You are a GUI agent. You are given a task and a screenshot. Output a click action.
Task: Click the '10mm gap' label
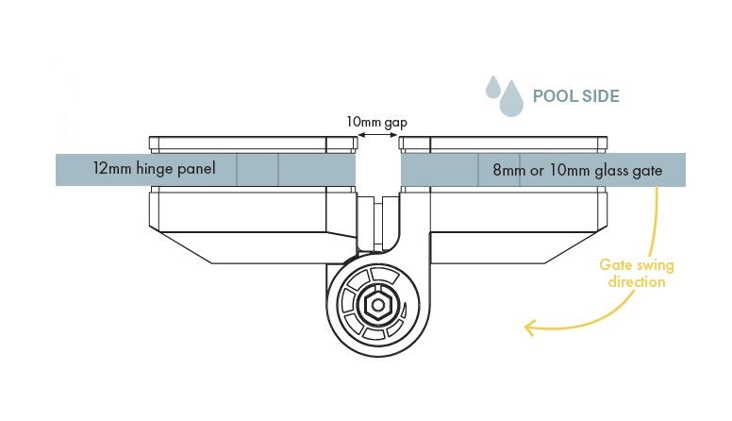click(x=377, y=123)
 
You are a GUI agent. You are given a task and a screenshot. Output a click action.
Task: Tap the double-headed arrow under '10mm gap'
click(x=377, y=138)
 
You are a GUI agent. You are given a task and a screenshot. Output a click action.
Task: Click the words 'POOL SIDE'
click(x=575, y=96)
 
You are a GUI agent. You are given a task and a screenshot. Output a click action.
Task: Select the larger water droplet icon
click(x=512, y=98)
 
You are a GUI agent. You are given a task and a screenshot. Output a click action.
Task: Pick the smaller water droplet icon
click(x=491, y=87)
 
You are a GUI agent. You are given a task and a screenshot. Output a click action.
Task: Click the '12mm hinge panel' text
click(x=155, y=170)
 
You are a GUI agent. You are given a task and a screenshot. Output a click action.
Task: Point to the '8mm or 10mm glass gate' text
click(x=578, y=171)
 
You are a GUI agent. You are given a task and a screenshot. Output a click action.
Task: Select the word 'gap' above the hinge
click(x=397, y=123)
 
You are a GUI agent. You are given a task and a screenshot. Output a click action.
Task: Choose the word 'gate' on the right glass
click(x=648, y=171)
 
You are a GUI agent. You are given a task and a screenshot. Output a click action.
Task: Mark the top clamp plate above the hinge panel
click(x=253, y=143)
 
